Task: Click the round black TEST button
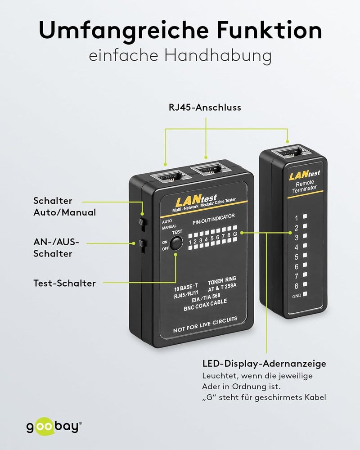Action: pos(176,243)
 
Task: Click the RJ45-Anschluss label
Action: pos(205,108)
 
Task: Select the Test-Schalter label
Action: pos(65,283)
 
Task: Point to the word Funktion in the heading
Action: pos(269,30)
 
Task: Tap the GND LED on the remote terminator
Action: pos(305,294)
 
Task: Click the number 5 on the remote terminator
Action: pos(297,257)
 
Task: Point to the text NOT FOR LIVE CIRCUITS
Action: pos(205,324)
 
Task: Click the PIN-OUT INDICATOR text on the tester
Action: pos(214,219)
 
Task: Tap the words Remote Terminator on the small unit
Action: pos(305,186)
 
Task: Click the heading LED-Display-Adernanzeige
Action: pos(264,364)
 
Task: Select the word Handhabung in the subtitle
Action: pos(218,55)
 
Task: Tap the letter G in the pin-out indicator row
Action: pos(235,234)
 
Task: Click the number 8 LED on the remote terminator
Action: pos(305,284)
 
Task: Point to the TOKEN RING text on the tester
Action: pos(222,280)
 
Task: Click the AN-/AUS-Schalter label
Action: pos(56,247)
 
